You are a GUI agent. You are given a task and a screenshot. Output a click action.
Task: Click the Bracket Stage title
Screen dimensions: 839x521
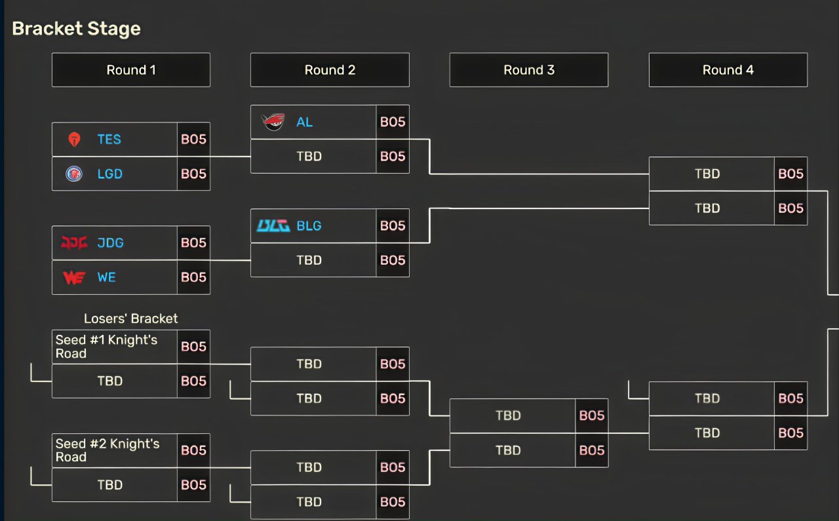(77, 29)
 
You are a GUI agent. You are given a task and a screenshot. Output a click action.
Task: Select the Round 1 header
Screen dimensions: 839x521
(131, 70)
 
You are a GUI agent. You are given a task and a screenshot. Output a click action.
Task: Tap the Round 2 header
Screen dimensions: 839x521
(330, 70)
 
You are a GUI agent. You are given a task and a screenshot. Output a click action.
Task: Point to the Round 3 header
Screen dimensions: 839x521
(529, 70)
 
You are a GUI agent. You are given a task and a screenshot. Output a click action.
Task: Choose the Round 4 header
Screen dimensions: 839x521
(728, 70)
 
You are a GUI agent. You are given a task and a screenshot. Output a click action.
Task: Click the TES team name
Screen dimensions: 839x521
(109, 140)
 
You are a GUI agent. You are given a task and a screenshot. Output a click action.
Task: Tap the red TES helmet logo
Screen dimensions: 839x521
(74, 140)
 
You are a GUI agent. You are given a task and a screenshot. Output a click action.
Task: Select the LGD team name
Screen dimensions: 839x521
(109, 174)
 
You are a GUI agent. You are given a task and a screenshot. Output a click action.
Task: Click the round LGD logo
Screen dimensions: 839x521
(74, 174)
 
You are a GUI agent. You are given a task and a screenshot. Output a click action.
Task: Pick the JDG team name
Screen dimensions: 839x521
(111, 242)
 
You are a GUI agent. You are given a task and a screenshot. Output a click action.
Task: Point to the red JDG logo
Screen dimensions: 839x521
(74, 242)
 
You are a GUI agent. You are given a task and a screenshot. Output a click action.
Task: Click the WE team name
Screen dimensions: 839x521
(106, 277)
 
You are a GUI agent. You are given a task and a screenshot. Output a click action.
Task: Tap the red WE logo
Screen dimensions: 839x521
(74, 278)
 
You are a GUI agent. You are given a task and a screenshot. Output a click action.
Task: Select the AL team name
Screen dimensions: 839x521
(305, 122)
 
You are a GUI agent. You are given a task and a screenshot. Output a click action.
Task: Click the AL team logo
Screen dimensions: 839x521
(273, 122)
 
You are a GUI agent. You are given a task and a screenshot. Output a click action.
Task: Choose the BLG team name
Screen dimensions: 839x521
(309, 226)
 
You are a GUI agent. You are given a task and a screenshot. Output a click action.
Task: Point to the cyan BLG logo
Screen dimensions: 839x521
(273, 226)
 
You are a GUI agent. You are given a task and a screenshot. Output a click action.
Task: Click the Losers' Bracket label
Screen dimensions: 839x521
(130, 318)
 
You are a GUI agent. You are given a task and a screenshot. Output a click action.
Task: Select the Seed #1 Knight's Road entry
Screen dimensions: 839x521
(106, 347)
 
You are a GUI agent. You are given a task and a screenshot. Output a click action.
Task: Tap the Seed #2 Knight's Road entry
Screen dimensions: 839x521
(107, 450)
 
